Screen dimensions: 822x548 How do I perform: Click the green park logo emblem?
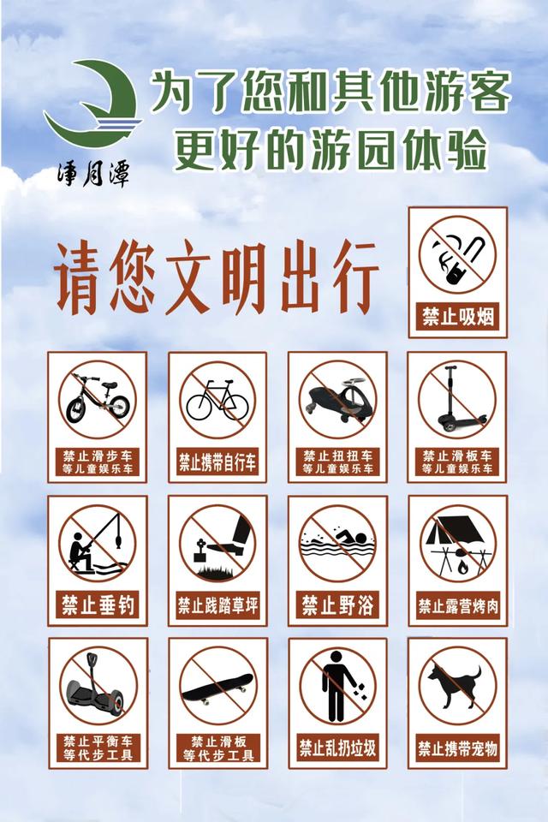click(x=91, y=104)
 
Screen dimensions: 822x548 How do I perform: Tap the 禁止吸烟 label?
click(x=457, y=315)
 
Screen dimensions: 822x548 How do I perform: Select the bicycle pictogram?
click(x=217, y=400)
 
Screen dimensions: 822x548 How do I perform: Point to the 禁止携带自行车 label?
click(x=217, y=462)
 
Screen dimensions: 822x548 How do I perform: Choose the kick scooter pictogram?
click(x=454, y=401)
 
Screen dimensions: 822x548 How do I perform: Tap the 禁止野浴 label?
click(x=337, y=605)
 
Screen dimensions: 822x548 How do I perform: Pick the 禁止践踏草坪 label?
click(x=217, y=605)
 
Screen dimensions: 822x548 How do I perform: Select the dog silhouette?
click(x=454, y=685)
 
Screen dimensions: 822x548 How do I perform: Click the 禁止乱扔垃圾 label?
click(x=337, y=748)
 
